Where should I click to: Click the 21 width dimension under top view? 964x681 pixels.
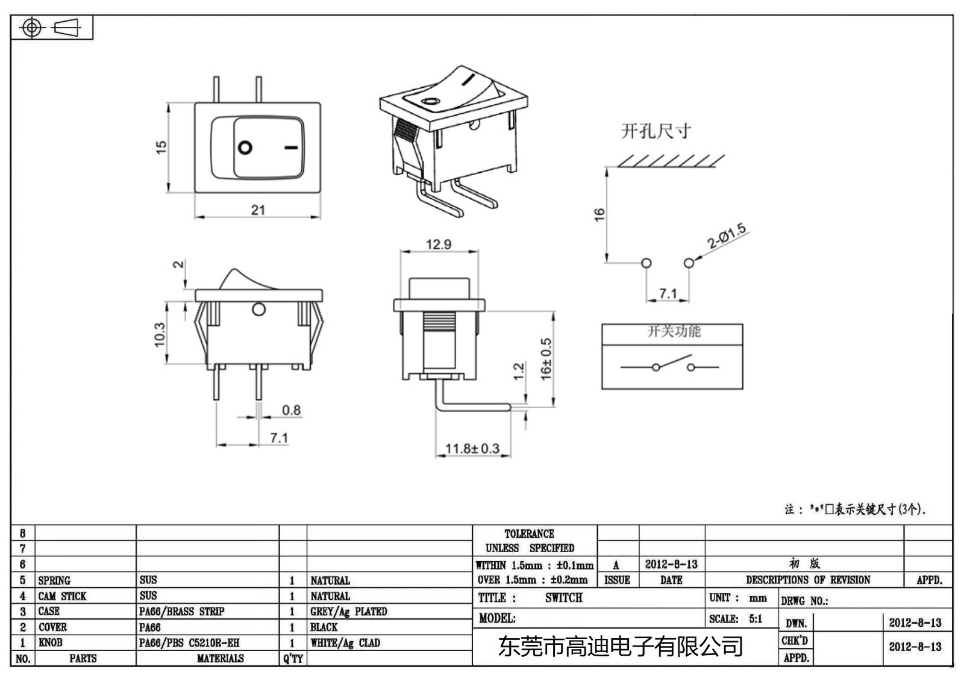pos(258,210)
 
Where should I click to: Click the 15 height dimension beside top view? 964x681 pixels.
pos(161,147)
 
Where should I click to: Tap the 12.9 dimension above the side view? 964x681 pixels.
pos(438,244)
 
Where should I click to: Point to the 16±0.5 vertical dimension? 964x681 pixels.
pos(546,359)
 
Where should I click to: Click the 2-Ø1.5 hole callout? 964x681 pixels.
pos(727,237)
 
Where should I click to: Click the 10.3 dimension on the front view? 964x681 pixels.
pos(160,334)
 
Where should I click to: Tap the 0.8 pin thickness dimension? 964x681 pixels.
pos(291,410)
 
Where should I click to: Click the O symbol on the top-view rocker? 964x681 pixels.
pos(245,148)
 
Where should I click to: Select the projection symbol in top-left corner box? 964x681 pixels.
pos(52,28)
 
